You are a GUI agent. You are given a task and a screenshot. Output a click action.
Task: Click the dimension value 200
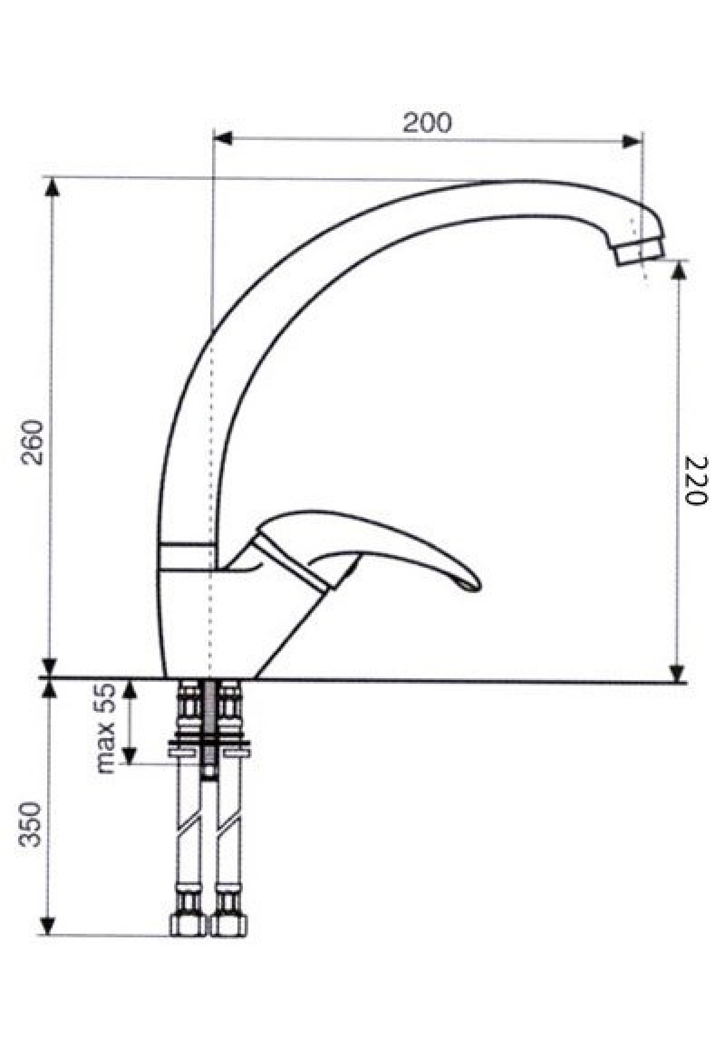click(427, 123)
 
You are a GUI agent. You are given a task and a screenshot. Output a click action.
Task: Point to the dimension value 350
click(30, 824)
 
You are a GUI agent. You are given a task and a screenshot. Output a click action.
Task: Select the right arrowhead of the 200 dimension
click(632, 142)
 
